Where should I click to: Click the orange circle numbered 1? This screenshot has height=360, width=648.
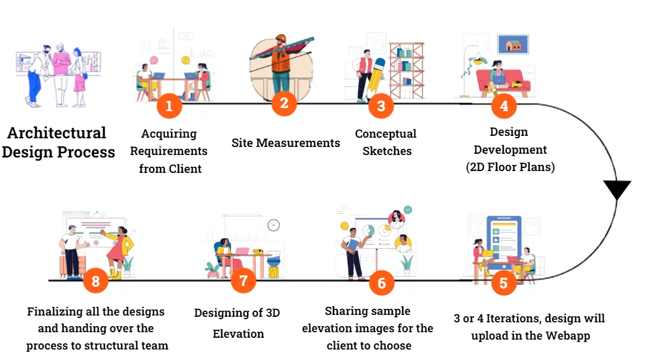(x=169, y=106)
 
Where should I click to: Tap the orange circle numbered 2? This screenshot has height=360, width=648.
(x=284, y=103)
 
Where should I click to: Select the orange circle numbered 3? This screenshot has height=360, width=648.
(x=381, y=106)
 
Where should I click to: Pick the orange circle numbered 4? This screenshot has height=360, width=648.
(x=504, y=106)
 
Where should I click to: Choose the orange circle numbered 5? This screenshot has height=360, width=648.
(x=504, y=283)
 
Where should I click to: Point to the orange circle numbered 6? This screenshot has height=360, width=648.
(x=382, y=283)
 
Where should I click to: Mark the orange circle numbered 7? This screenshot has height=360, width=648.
(x=243, y=281)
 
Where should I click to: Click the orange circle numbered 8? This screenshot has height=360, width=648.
(x=95, y=282)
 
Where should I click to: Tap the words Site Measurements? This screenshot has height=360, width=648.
(x=285, y=143)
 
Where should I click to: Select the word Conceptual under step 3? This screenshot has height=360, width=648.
(x=385, y=134)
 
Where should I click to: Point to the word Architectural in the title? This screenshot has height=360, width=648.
(x=57, y=133)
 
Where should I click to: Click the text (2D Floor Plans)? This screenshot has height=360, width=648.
(x=510, y=167)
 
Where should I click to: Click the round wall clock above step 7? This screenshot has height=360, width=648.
(x=274, y=225)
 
